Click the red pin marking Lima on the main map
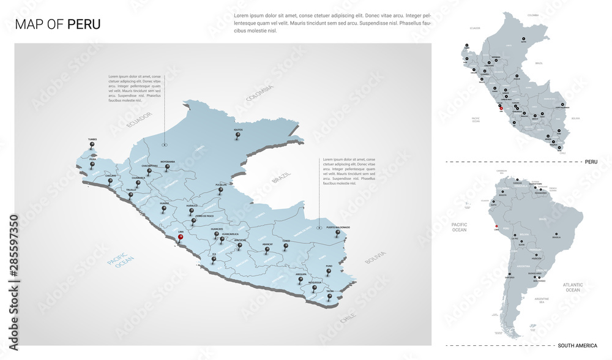coord(179,239)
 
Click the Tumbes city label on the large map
coord(92,139)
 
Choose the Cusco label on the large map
coord(286,241)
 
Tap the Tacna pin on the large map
coord(329,298)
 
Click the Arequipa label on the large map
coord(300,274)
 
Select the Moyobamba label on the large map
coord(168,162)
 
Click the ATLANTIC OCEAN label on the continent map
coord(573,287)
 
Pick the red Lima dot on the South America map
coord(496,226)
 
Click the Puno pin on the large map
coord(329,274)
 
